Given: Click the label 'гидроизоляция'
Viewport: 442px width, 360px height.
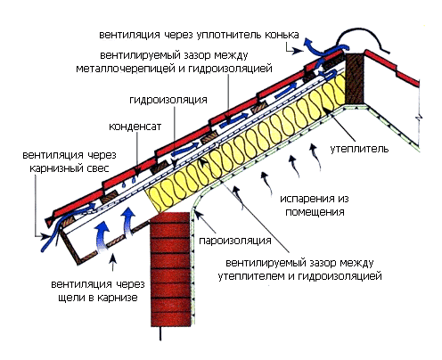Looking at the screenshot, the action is pos(168,100).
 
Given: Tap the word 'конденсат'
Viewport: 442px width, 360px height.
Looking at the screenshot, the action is pos(135,127).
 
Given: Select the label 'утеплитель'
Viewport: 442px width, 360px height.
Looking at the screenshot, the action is pos(359,149).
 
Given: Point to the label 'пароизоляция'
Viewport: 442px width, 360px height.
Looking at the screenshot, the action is pos(235,241).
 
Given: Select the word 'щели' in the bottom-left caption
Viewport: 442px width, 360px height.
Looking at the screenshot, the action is pos(71,298).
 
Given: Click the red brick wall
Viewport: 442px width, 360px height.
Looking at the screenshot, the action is pos(170,269).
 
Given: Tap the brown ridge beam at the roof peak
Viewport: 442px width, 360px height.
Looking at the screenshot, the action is pos(355,78).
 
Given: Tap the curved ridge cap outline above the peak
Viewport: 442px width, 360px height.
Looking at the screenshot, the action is pos(362,38).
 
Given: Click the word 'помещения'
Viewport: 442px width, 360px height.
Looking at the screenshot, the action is pos(315,212).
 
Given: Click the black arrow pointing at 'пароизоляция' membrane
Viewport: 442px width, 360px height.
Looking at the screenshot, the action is pos(204,223).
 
